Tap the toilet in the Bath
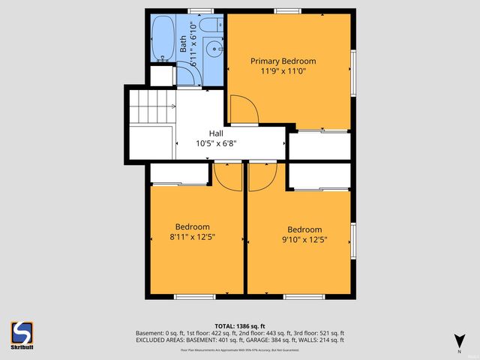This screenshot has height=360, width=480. click(209, 28)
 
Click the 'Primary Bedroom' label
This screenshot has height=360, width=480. click(283, 61)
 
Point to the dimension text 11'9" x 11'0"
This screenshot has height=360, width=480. click(283, 72)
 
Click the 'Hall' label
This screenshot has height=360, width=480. click(216, 133)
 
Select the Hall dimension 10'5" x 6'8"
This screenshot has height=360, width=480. click(216, 143)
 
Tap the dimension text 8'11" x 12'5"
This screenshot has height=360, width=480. click(193, 238)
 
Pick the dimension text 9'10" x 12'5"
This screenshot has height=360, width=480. click(304, 240)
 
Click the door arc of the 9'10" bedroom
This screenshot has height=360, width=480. click(262, 176)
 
